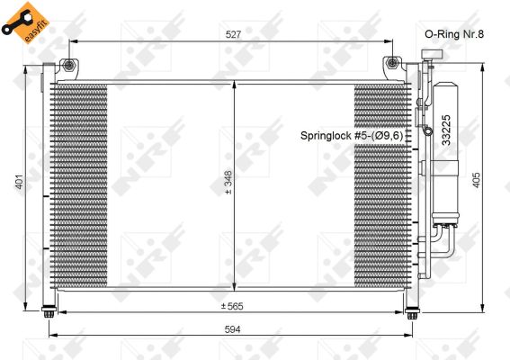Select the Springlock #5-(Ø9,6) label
click(356, 135)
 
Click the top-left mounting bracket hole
click(67, 64)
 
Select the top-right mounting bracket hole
click(392, 64)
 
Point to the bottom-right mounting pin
click(412, 314)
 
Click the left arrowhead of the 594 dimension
click(52, 337)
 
